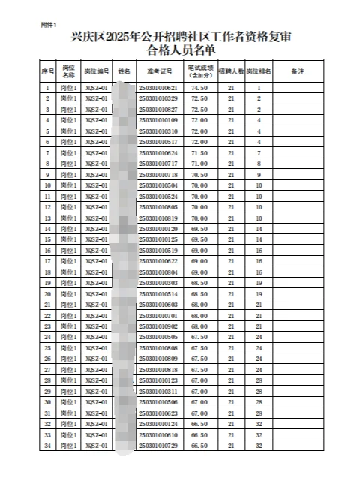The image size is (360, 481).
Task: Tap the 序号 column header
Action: pyautogui.click(x=47, y=72)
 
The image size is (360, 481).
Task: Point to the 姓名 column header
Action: pyautogui.click(x=124, y=72)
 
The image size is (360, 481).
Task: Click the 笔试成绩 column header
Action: pyautogui.click(x=200, y=72)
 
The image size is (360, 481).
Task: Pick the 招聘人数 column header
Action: pyautogui.click(x=232, y=72)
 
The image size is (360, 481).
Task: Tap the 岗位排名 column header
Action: pyautogui.click(x=259, y=72)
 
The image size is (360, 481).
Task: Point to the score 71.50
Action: pyautogui.click(x=199, y=152)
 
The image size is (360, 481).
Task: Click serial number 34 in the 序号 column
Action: pyautogui.click(x=47, y=446)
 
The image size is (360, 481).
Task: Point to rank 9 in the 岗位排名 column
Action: pyautogui.click(x=259, y=174)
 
